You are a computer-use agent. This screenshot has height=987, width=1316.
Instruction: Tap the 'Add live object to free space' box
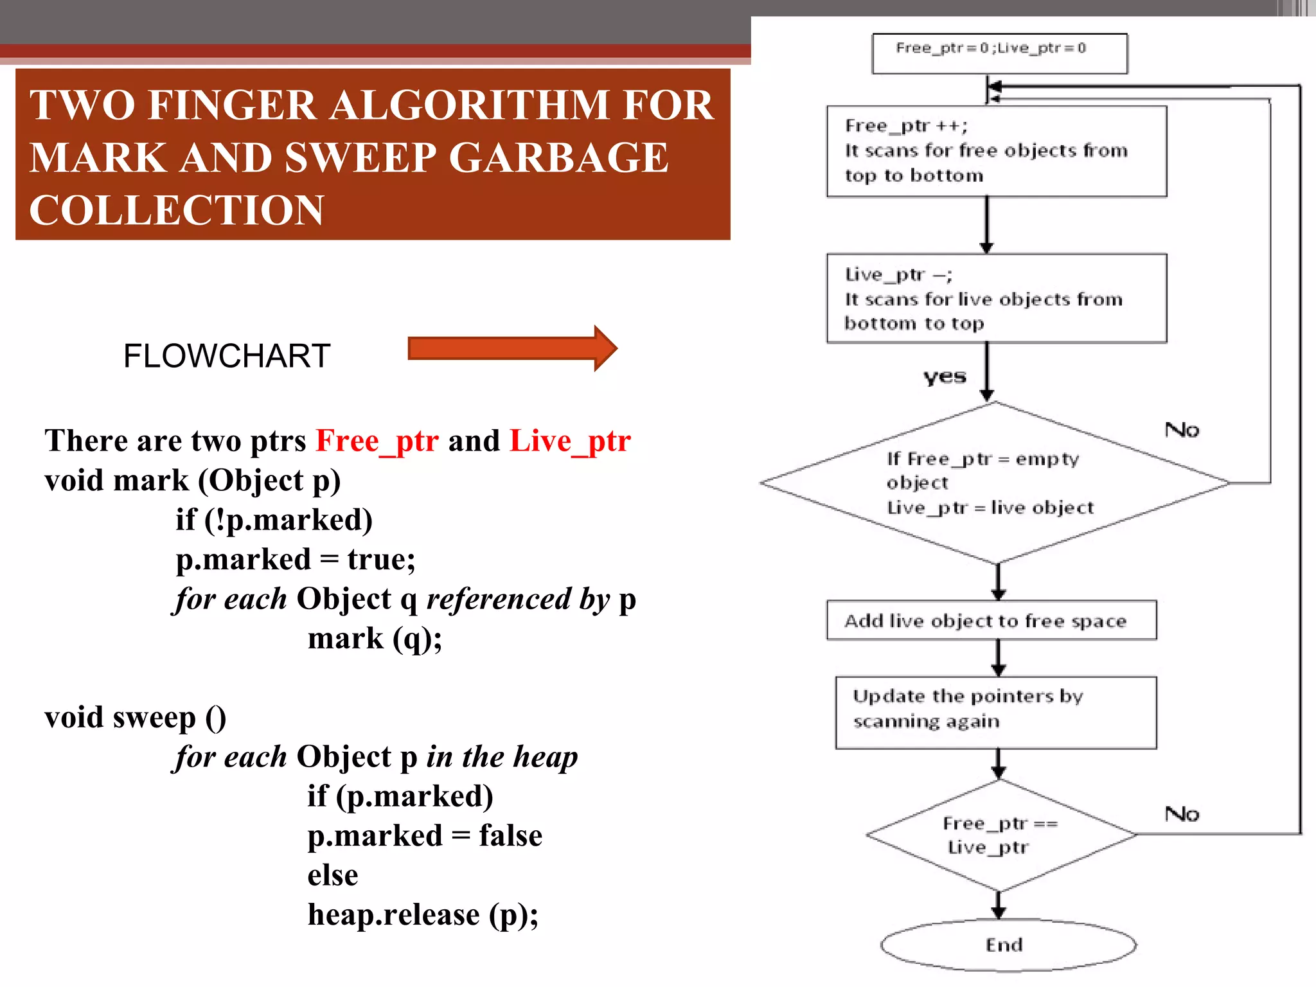coord(991,620)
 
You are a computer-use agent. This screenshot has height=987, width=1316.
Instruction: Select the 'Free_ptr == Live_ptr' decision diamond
coord(1000,835)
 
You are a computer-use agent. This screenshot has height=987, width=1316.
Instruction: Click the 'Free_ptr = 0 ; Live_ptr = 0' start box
coord(999,53)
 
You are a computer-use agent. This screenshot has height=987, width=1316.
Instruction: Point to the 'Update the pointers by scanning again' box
coord(995,712)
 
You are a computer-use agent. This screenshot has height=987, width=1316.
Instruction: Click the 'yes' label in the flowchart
coord(945,377)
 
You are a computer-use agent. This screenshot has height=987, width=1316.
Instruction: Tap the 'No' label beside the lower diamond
coord(1182,814)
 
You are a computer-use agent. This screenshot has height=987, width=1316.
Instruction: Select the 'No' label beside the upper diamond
coord(1182,429)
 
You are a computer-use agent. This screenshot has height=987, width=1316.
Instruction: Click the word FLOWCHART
coord(227,355)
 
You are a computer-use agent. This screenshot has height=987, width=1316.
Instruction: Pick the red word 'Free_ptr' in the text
coord(377,441)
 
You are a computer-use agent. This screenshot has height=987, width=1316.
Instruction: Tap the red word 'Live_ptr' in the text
coord(570,441)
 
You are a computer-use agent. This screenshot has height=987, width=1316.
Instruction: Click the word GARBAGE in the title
coord(558,157)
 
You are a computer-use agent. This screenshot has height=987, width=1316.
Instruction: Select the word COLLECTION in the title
coord(177,210)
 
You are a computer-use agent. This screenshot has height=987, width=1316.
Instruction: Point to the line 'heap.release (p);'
coord(423,914)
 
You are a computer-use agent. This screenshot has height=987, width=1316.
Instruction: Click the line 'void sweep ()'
coord(135,717)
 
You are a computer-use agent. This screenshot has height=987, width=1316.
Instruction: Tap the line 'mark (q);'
coord(375,638)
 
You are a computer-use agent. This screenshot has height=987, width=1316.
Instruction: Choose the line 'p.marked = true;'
coord(296,559)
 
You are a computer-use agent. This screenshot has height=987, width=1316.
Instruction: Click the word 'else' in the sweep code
coord(332,875)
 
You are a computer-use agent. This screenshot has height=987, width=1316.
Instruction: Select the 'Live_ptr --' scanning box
coord(996,298)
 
